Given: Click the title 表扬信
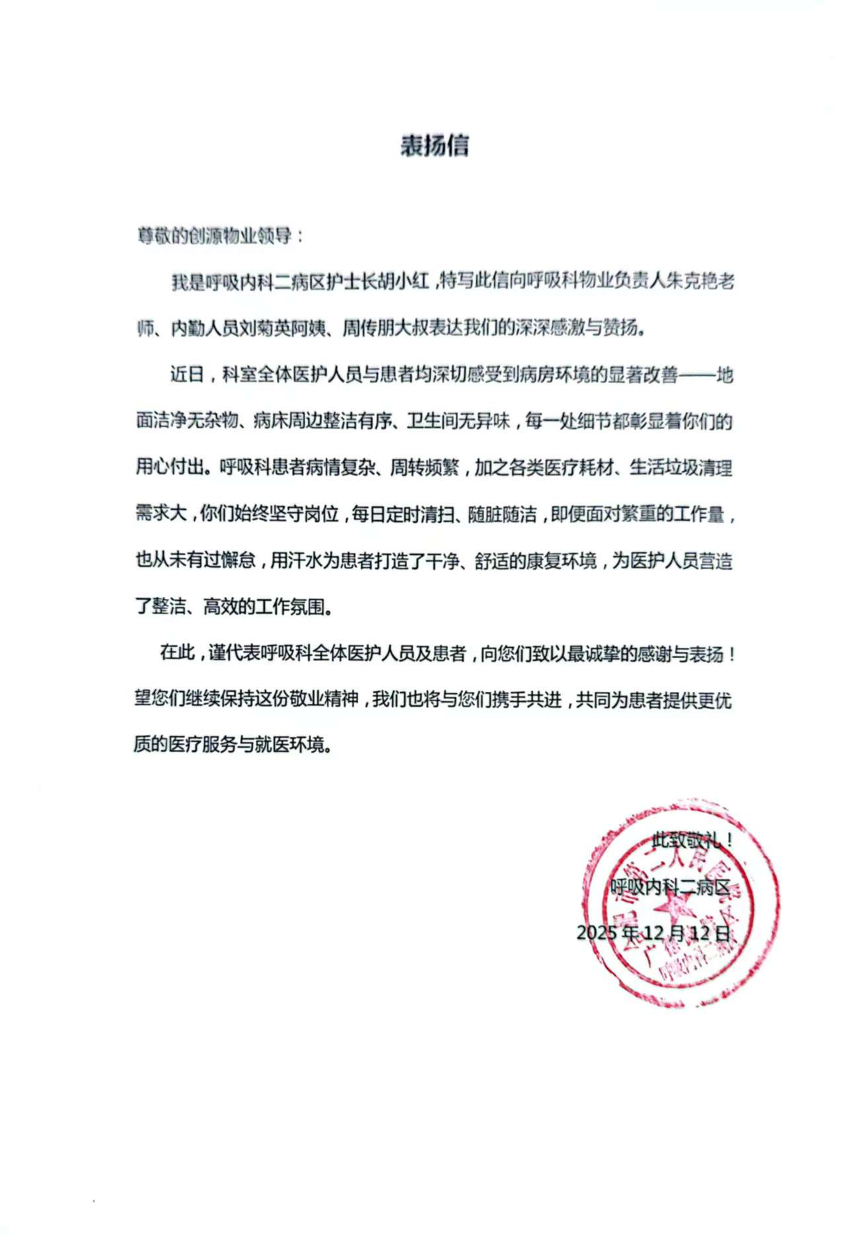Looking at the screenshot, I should point(434,145).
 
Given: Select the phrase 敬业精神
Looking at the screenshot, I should point(324,699).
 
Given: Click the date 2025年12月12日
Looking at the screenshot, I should point(654,932).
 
